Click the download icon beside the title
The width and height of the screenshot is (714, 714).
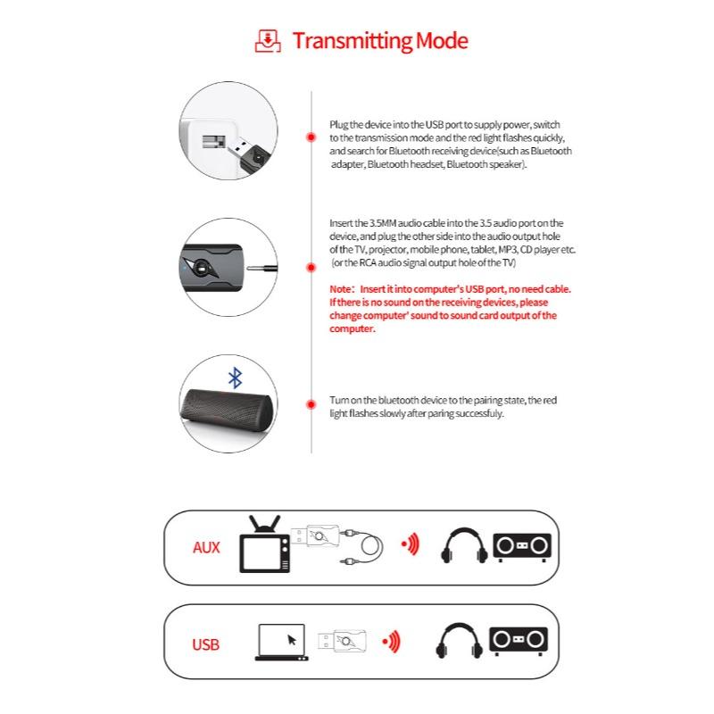(267, 40)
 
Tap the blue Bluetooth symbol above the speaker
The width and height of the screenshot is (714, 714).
(235, 378)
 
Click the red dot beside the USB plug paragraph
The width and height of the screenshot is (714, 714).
(311, 137)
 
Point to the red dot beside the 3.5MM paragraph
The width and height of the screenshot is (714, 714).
(311, 266)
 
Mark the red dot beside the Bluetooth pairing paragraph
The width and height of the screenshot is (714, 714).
(311, 406)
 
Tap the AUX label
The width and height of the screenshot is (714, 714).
(206, 547)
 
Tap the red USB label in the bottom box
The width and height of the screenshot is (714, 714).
(205, 644)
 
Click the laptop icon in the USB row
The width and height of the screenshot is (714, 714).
(281, 642)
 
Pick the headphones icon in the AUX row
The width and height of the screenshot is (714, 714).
(465, 545)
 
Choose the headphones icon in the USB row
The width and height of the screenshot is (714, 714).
(460, 642)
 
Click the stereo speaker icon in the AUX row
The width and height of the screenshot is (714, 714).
(522, 546)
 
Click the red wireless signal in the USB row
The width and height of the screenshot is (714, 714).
(390, 641)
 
